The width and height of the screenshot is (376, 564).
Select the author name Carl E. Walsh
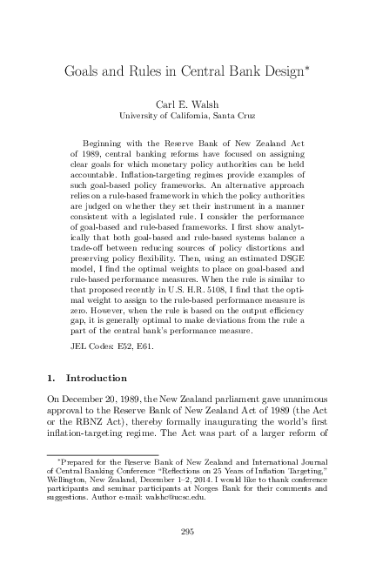click(189, 102)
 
